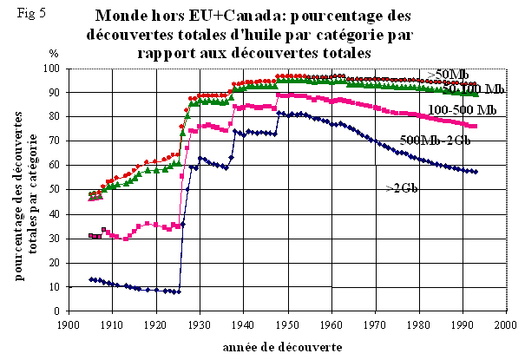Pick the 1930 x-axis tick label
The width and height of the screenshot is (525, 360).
pyautogui.click(x=200, y=327)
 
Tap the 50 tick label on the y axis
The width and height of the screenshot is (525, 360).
pyautogui.click(x=53, y=190)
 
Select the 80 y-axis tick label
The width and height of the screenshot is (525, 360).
pyautogui.click(x=53, y=117)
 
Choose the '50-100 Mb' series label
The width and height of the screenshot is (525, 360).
pyautogui.click(x=474, y=88)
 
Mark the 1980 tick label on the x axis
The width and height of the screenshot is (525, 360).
pyautogui.click(x=418, y=327)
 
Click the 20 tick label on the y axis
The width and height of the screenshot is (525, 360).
pyautogui.click(x=53, y=263)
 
